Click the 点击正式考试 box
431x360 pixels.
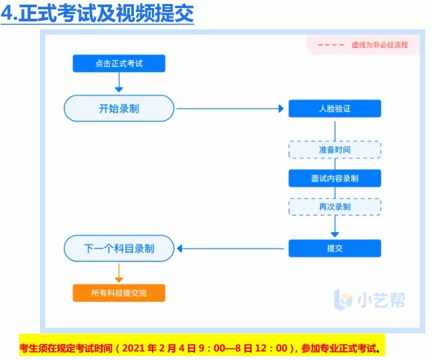click(x=119, y=63)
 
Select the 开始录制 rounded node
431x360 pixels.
click(x=119, y=108)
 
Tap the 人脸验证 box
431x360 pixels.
click(x=334, y=109)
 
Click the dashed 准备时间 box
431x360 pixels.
click(x=334, y=150)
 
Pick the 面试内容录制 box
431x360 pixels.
click(x=334, y=178)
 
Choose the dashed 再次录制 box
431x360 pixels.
click(x=334, y=207)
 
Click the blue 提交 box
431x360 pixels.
click(x=334, y=249)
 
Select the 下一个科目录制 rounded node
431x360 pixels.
click(x=119, y=249)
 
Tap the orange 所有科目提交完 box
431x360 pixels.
click(x=119, y=293)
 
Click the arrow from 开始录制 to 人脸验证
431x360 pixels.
click(x=230, y=109)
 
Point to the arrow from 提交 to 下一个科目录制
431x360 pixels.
click(x=230, y=249)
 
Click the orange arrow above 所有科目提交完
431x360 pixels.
click(x=119, y=272)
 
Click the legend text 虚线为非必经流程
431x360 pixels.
click(x=379, y=45)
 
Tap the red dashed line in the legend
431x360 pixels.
click(x=331, y=45)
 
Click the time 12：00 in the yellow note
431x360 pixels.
click(x=278, y=348)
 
